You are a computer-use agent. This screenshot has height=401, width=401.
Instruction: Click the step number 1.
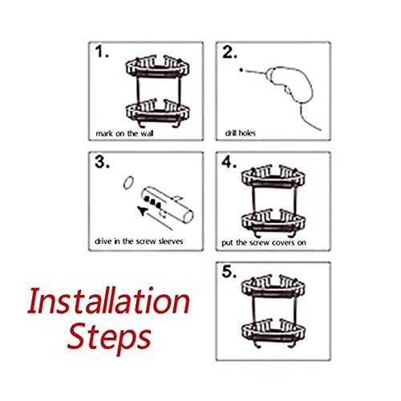[x=102, y=51]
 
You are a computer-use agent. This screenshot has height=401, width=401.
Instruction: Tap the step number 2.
[x=229, y=52]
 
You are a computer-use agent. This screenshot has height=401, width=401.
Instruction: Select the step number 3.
[x=102, y=162]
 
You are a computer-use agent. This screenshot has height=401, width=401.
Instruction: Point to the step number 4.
[x=229, y=162]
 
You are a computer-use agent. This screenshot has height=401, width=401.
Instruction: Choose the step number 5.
[x=229, y=272]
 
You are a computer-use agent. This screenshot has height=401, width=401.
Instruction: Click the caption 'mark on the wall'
[x=124, y=133]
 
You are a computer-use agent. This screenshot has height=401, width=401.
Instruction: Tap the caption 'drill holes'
[x=241, y=133]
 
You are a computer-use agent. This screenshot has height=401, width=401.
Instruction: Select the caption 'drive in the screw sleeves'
[x=139, y=241]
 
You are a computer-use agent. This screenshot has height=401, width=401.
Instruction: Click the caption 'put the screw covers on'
[x=264, y=243]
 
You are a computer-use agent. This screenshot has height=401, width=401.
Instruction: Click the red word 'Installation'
[x=109, y=301]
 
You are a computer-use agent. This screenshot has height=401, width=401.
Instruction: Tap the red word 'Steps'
[x=109, y=338]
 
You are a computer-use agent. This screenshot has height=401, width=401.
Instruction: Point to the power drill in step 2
[x=289, y=83]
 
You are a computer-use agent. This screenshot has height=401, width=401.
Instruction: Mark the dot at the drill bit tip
[x=241, y=70]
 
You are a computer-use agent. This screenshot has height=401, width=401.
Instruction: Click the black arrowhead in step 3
[x=142, y=211]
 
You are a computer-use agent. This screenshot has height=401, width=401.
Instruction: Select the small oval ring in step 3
[x=128, y=183]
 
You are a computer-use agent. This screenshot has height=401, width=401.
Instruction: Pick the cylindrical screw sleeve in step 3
[x=167, y=205]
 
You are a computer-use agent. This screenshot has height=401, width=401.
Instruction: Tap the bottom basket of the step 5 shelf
[x=273, y=331]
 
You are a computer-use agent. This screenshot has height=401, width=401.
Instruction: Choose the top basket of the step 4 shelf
[x=273, y=176]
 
